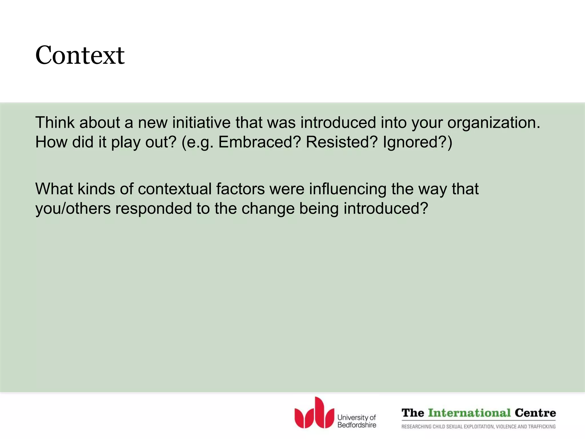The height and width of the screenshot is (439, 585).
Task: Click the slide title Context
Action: (x=80, y=55)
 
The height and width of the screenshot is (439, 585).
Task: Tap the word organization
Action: (x=494, y=123)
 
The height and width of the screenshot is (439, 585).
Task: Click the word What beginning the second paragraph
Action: (x=54, y=189)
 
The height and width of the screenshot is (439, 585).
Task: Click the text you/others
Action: (x=73, y=208)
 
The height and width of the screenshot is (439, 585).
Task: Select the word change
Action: (x=268, y=209)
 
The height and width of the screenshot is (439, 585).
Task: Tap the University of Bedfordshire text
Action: (x=357, y=421)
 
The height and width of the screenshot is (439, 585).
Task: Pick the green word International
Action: (x=469, y=413)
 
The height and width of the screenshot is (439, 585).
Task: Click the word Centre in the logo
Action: (x=535, y=413)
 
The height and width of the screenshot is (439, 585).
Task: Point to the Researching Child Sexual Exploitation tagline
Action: (x=478, y=427)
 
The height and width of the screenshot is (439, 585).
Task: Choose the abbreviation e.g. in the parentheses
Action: (x=200, y=143)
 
